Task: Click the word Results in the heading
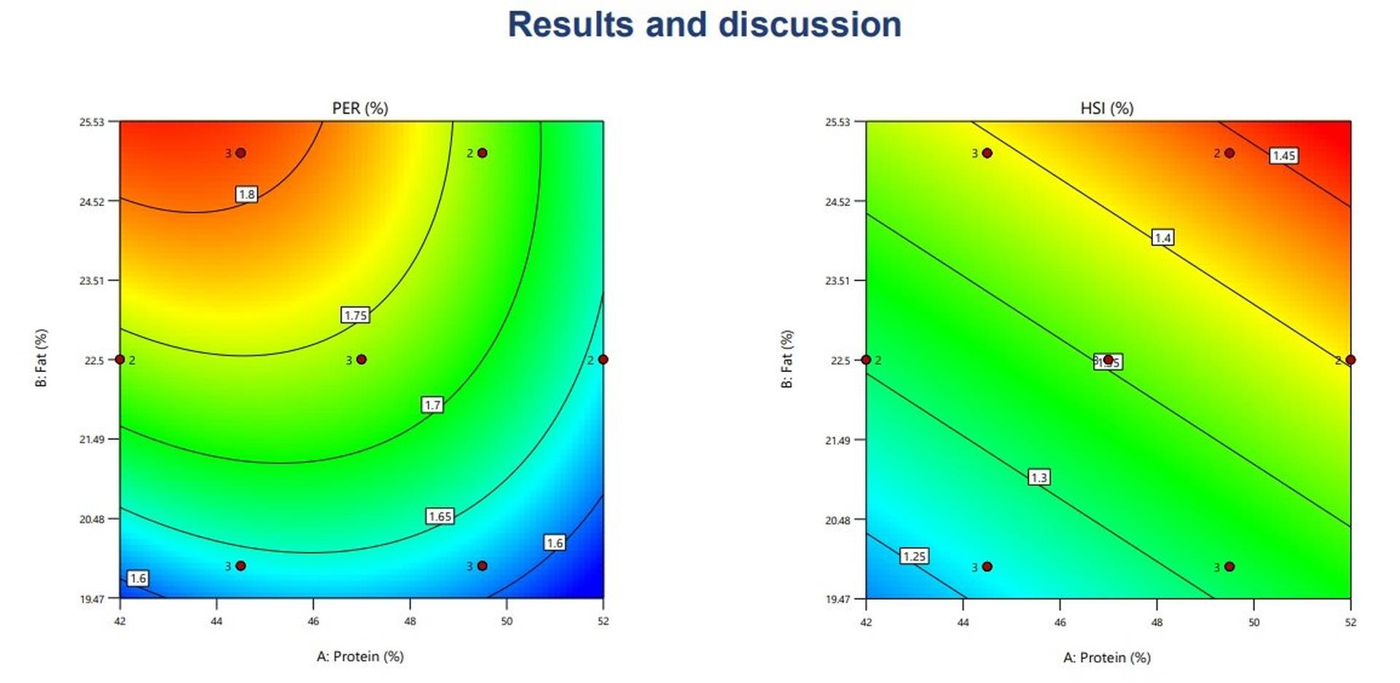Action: point(570,25)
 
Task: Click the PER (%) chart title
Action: point(360,108)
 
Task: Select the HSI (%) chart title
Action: point(1106,108)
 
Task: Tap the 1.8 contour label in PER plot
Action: point(247,194)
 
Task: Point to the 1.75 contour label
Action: point(356,315)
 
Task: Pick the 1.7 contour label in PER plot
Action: point(432,405)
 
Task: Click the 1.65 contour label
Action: point(440,516)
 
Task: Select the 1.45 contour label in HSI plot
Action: point(1283,155)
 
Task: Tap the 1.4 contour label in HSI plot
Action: point(1162,237)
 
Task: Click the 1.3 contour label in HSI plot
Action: point(1039,477)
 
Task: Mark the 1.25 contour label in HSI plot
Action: point(914,556)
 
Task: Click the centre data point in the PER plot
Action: point(361,360)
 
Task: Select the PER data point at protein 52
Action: point(603,360)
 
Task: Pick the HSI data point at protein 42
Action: point(866,360)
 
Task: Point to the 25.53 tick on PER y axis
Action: point(93,122)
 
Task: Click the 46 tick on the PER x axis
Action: point(313,621)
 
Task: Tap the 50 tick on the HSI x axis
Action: point(1254,622)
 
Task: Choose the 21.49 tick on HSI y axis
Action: point(837,440)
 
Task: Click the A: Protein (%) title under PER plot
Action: point(360,656)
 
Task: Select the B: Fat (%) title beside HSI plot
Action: point(787,359)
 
